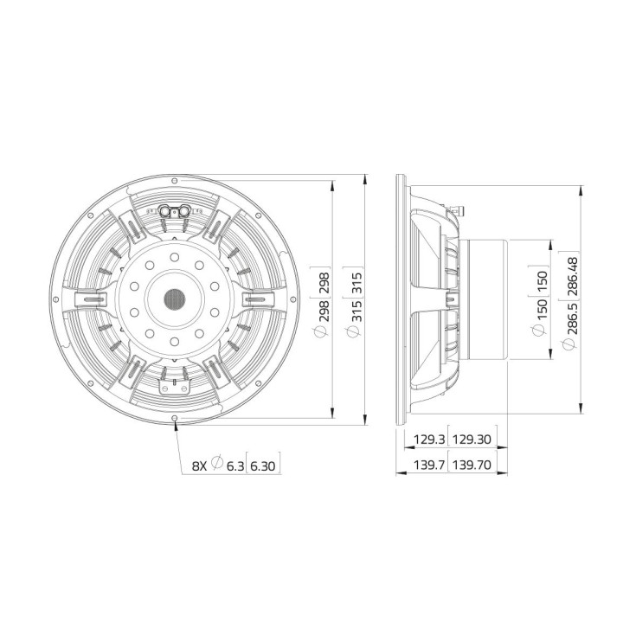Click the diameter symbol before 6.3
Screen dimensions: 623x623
click(x=217, y=466)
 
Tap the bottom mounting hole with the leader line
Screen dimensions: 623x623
click(x=176, y=421)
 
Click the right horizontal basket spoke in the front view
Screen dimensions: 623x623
click(x=259, y=299)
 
